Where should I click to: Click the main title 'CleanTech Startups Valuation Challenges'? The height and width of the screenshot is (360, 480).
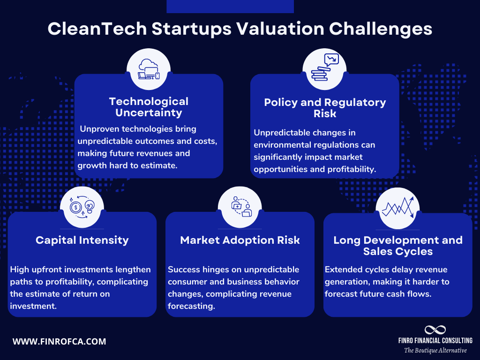click(240, 29)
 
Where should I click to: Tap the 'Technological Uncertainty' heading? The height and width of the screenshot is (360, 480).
click(149, 107)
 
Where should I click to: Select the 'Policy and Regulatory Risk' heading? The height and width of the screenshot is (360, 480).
click(325, 108)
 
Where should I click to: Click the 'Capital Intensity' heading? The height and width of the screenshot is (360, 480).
click(82, 240)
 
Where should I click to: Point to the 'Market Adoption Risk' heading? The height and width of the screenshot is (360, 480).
click(240, 240)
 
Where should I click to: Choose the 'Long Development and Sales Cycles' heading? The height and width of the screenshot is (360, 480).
click(398, 246)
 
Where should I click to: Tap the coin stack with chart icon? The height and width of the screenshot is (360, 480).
click(325, 68)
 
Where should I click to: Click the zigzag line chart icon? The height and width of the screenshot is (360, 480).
click(397, 206)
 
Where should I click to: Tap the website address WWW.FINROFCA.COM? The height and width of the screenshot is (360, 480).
click(59, 342)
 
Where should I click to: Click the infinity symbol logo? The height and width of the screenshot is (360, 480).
click(435, 330)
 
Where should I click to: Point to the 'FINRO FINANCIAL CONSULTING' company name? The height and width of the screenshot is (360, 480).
click(435, 340)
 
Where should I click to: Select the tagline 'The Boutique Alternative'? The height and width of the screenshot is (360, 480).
click(435, 350)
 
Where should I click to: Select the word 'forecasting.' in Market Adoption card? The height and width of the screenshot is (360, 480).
click(190, 306)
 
